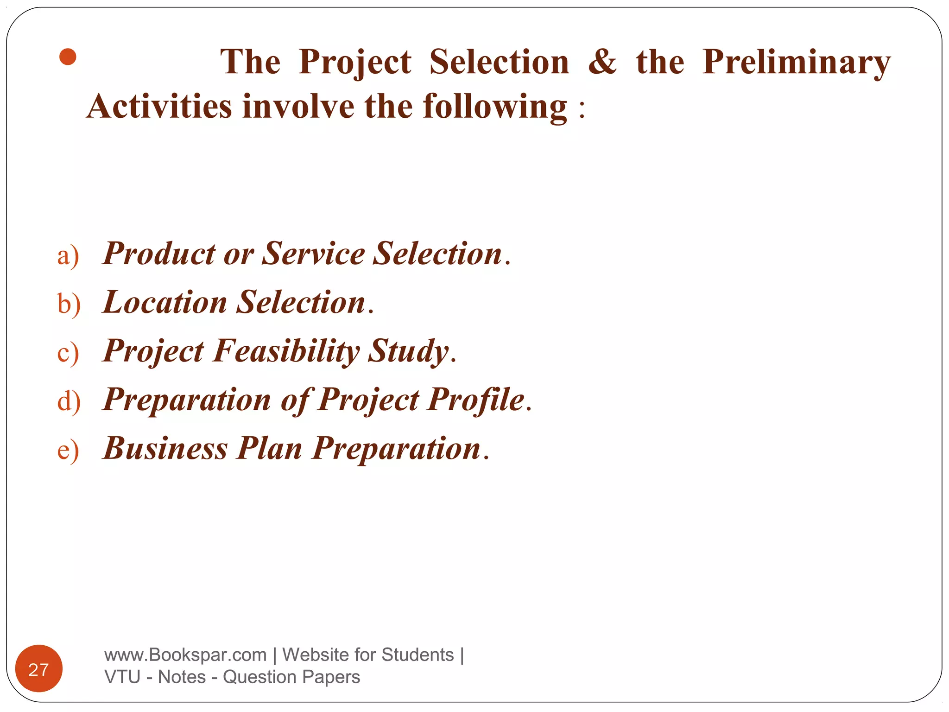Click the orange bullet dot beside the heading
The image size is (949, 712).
(x=68, y=57)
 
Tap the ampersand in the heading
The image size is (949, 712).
(x=602, y=62)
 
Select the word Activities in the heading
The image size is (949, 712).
(x=159, y=106)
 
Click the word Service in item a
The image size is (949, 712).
(x=313, y=254)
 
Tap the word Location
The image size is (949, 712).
(x=164, y=302)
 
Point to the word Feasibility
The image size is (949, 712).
(x=286, y=351)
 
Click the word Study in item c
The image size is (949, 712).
(x=408, y=351)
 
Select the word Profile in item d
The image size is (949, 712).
(x=476, y=400)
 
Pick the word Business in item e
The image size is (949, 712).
(x=165, y=448)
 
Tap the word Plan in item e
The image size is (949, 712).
(x=269, y=448)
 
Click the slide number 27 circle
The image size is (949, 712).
(x=39, y=669)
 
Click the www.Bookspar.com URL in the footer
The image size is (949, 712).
(x=185, y=655)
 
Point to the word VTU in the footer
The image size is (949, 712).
(x=122, y=677)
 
